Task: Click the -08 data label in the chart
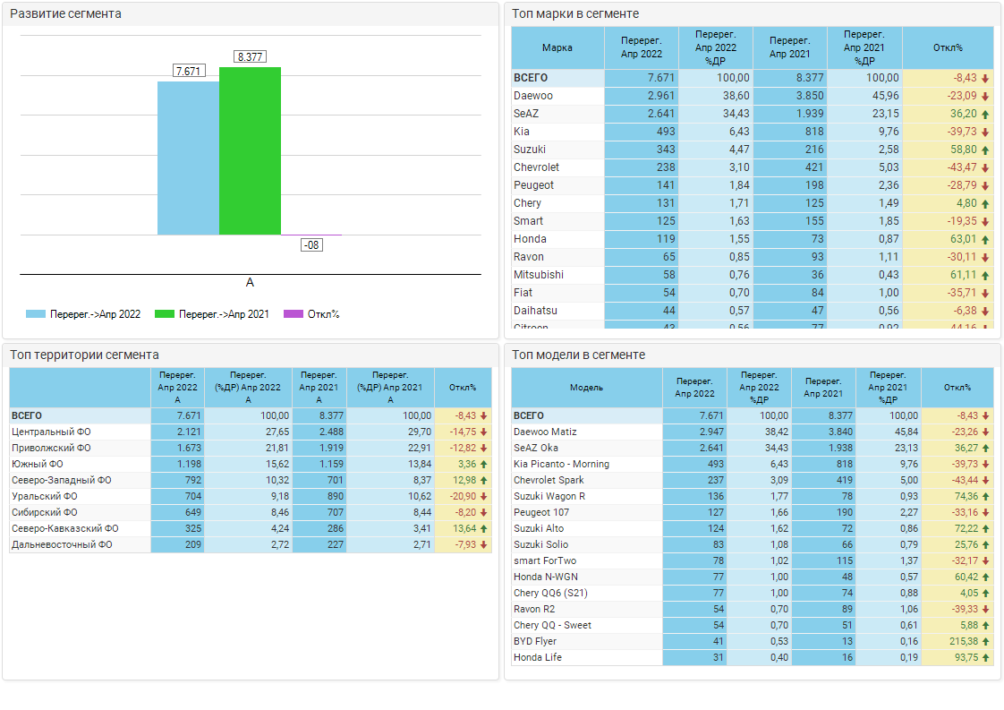(x=311, y=244)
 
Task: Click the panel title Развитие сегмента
(x=65, y=14)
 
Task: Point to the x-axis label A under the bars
(x=250, y=282)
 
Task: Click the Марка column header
(x=557, y=47)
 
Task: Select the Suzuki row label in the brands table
(x=530, y=150)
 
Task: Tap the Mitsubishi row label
(x=539, y=275)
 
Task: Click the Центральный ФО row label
(x=51, y=432)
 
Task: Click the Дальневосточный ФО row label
(x=62, y=544)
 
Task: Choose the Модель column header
(x=586, y=388)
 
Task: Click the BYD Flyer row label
(x=535, y=641)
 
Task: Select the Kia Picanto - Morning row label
(x=561, y=464)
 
